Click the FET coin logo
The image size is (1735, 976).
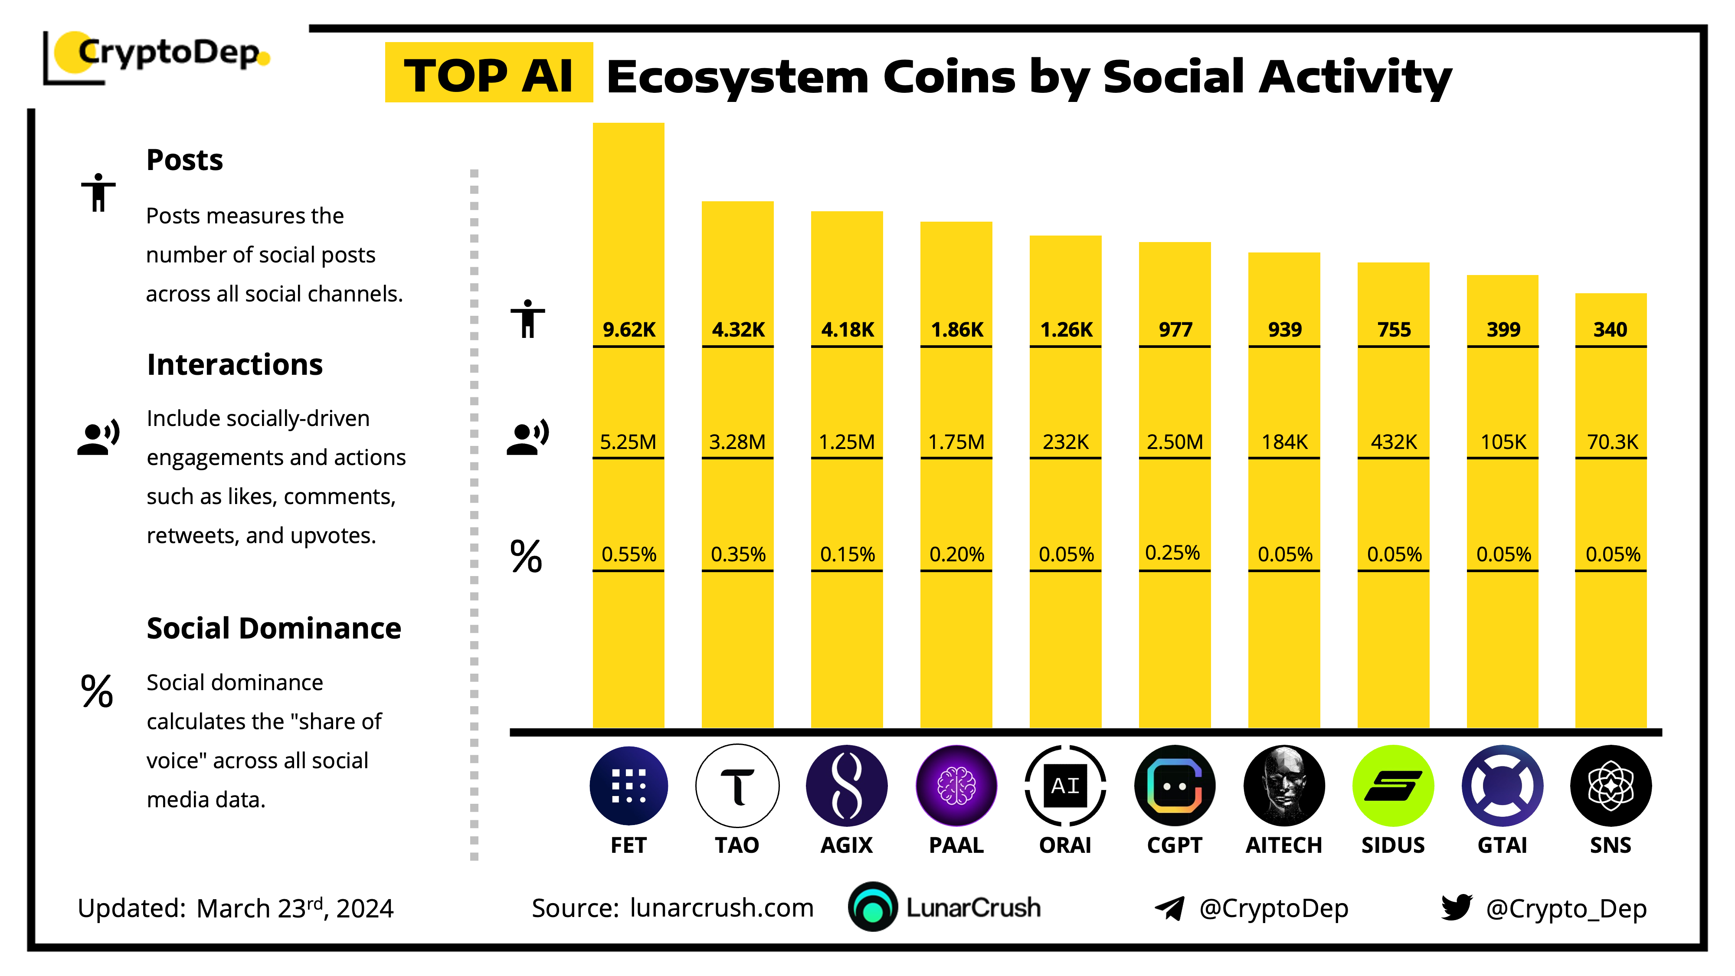tap(629, 786)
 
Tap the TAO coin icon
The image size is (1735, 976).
tap(737, 786)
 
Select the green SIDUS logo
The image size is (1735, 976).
tap(1393, 786)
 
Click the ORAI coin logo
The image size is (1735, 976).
tap(1065, 786)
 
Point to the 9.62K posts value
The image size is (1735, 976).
tap(629, 329)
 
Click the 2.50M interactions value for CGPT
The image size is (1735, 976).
tap(1175, 442)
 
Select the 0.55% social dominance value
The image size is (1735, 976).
tap(629, 554)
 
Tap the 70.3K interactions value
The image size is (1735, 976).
tap(1612, 442)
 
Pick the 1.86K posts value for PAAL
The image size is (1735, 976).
tap(956, 329)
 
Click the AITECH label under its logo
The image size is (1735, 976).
tap(1284, 845)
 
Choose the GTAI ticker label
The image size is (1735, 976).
tap(1502, 845)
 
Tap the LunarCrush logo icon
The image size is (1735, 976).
tap(873, 907)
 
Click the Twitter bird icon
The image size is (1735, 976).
tap(1456, 907)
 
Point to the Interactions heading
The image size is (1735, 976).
tap(234, 364)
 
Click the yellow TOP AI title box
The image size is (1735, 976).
tap(488, 74)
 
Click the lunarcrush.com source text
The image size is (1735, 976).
tap(721, 908)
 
